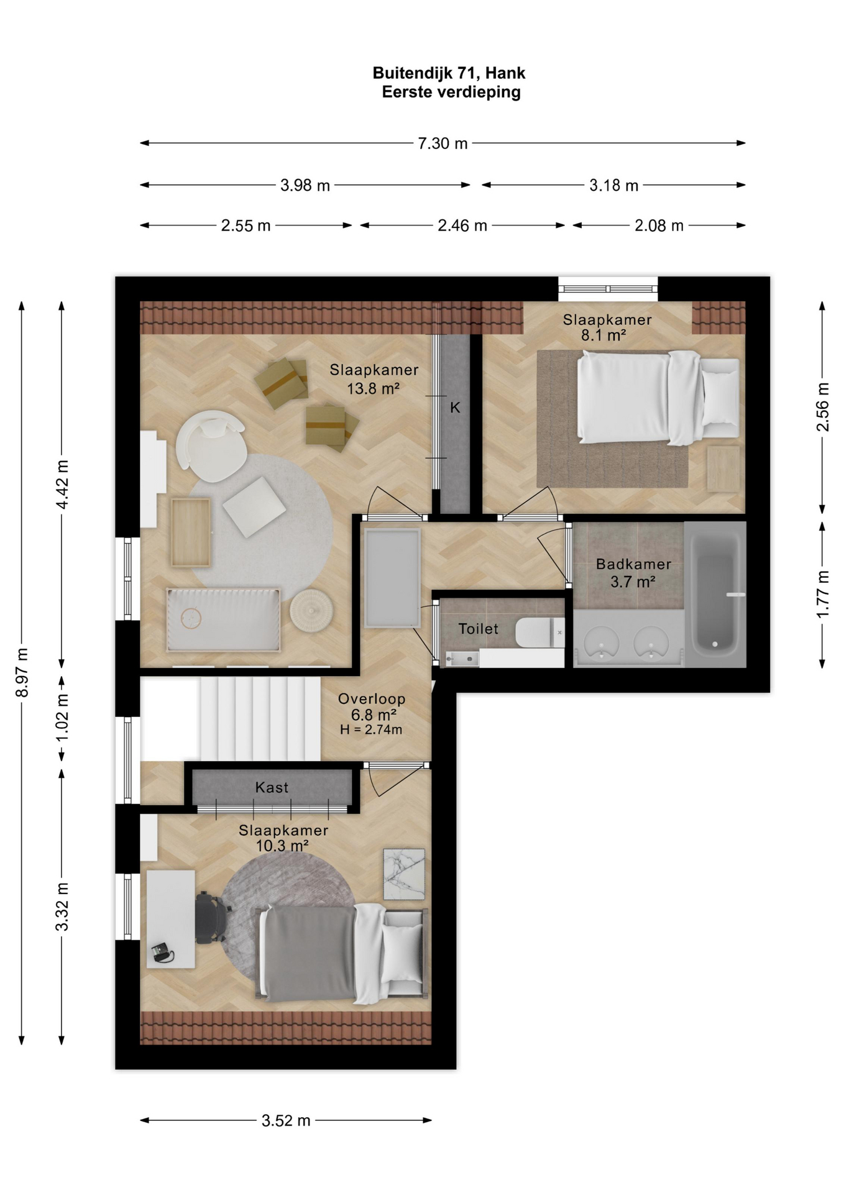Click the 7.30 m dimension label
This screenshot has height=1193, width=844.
443,144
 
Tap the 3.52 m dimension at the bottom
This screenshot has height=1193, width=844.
286,1120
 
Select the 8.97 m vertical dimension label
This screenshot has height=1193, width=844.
22,672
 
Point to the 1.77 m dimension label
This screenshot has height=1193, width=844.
822,594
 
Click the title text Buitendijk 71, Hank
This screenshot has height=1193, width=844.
449,73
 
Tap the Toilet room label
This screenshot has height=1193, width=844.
478,629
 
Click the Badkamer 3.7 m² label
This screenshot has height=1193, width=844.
633,573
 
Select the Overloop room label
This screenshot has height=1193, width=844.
372,699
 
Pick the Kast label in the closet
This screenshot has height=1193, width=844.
272,787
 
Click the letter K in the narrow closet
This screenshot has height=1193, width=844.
455,408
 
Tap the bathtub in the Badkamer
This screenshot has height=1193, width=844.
715,595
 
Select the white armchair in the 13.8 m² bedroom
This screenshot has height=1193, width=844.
211,446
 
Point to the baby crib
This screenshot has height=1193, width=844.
223,619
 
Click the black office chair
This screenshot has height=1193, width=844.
212,917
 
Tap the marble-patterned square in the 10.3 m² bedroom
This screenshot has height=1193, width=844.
404,874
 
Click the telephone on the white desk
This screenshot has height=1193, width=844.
163,952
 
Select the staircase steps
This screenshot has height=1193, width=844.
260,718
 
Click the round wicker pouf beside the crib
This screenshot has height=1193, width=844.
311,611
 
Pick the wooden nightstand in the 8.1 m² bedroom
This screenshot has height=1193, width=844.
723,469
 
